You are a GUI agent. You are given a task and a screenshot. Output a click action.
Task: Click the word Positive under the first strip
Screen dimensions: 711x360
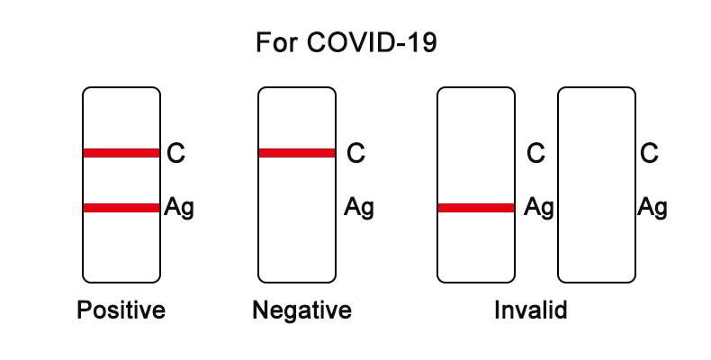pos(121,311)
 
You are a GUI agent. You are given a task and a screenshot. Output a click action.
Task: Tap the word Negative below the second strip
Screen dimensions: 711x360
pos(302,311)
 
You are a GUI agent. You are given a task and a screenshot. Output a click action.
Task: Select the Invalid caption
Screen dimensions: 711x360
pos(530,310)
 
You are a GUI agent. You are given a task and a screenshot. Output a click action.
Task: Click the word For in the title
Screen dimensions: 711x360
pos(276,42)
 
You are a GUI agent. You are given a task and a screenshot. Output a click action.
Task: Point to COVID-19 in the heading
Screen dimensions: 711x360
pos(372,42)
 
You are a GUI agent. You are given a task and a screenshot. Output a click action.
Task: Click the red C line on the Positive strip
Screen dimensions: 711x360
pos(121,153)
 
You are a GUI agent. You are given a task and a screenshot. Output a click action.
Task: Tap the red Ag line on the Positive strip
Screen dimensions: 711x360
pos(121,208)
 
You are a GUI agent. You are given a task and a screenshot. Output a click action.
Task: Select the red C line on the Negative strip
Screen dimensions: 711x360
pos(297,153)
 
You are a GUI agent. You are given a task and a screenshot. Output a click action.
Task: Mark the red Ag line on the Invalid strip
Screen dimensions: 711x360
pos(476,208)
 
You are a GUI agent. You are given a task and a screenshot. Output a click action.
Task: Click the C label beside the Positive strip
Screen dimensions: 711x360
pos(175,153)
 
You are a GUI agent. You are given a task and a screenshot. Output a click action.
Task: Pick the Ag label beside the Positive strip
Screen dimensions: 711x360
pos(179,208)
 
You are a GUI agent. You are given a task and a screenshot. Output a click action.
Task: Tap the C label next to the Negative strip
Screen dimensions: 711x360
pos(356,153)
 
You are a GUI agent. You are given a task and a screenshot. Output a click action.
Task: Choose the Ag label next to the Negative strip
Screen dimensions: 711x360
pos(359,208)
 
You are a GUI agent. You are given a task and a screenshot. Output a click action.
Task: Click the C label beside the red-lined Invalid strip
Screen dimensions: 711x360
pos(536,153)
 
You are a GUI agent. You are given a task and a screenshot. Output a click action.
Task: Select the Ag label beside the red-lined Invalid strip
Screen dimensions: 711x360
pos(539,208)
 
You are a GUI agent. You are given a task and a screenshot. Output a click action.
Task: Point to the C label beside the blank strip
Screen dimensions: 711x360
pos(649,153)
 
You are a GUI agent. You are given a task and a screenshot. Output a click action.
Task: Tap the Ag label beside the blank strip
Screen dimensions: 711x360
pos(652,208)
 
